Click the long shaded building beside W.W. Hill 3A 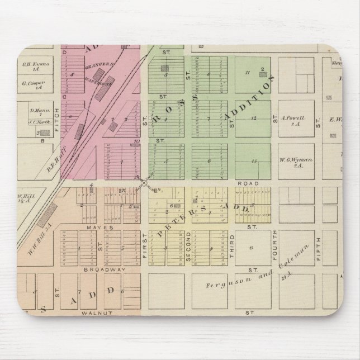click(x=50, y=212)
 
